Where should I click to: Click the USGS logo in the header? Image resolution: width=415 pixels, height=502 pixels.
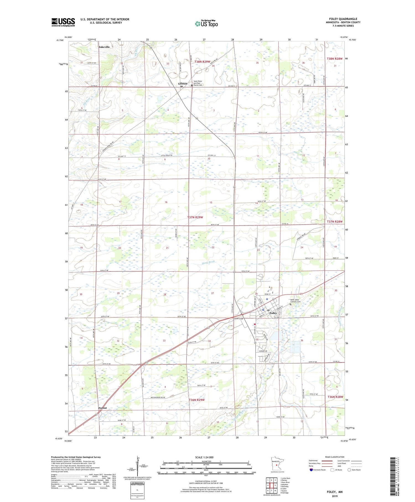point(63,22)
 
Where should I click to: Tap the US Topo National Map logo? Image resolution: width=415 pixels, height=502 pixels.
point(206,24)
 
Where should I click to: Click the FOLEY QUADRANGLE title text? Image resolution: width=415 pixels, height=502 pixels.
point(343,19)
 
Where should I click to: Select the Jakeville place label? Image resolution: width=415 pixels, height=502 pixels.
point(104,47)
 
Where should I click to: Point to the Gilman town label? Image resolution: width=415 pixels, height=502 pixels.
point(183,84)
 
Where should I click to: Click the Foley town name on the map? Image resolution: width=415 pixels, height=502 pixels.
point(273,313)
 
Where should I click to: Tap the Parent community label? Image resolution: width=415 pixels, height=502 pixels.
point(102,408)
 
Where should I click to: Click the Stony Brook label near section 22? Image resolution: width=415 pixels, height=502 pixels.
point(208,262)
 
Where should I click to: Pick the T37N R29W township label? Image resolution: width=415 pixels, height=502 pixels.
point(195,217)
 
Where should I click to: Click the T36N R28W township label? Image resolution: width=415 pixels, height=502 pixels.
point(335,397)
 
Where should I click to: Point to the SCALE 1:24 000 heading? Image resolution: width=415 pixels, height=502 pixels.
point(206,457)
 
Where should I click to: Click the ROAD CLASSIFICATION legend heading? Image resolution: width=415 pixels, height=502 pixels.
point(335,457)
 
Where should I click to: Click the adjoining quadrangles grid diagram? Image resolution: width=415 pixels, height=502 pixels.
point(271,485)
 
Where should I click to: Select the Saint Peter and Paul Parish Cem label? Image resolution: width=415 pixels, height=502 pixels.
point(198,83)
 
